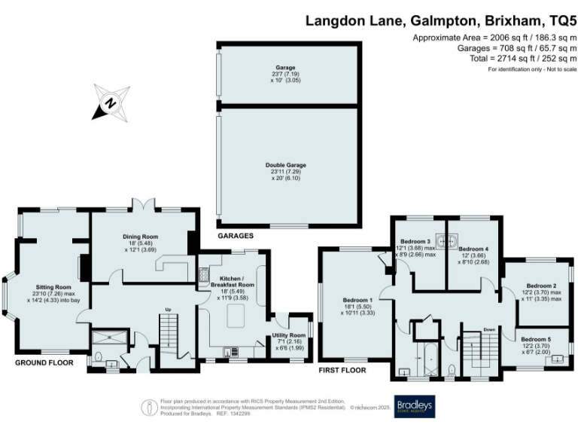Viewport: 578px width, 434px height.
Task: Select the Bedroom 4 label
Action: pos(473,249)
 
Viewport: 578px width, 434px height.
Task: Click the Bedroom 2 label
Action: pos(541,286)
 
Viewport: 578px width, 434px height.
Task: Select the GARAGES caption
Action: pos(235,236)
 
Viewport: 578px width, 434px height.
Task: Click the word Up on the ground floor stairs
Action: pos(169,310)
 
